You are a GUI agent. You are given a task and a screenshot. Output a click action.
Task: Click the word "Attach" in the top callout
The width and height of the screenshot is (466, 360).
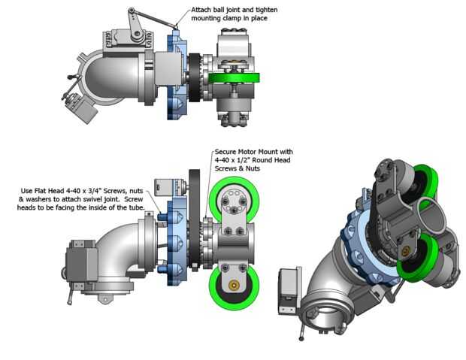pos(201,10)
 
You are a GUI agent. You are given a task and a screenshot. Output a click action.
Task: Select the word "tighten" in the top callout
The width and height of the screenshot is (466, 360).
pos(267,10)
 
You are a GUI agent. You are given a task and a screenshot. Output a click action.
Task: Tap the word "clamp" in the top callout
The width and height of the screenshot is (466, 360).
pos(231,19)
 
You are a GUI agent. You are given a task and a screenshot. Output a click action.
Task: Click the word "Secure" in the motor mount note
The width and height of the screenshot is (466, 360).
pos(225,152)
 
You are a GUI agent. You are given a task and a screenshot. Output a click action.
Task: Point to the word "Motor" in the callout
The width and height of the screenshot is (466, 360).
pos(247,152)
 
